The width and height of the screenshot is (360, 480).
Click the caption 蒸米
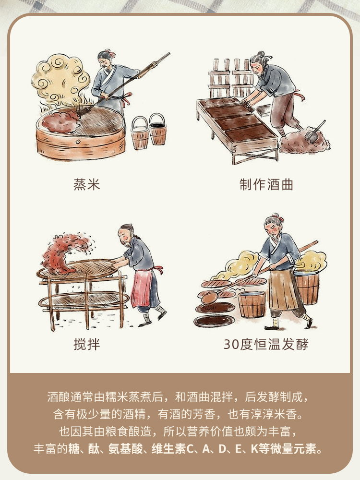pos(86,185)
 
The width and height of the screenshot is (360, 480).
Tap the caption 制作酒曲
pos(266,185)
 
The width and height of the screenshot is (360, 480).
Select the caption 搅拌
pos(86,344)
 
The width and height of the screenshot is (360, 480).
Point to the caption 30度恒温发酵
pos(266,344)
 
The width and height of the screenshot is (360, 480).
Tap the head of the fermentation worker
pos(273,225)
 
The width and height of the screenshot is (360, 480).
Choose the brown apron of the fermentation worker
pos(282,289)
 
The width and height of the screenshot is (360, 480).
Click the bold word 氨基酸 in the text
pos(125,449)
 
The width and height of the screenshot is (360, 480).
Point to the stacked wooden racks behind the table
pos(231,76)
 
